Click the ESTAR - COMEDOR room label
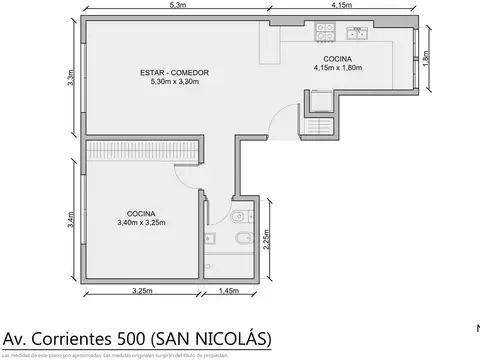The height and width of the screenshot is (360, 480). point(168,72)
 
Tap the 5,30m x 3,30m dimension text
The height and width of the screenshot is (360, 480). point(168,82)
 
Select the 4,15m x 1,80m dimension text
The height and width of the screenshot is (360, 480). point(336,69)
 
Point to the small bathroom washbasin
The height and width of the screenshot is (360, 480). point(211,239)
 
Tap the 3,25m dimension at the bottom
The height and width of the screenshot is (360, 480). point(142,291)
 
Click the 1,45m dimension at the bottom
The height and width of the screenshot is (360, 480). point(227,291)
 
